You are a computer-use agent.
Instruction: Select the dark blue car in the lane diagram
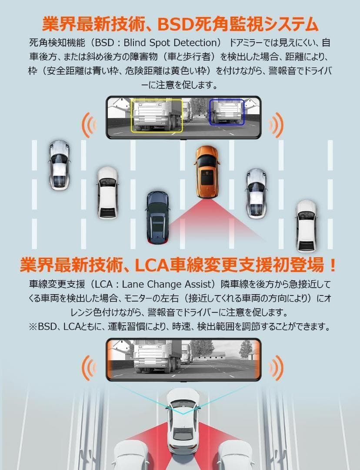157,217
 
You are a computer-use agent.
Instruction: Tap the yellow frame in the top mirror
157,115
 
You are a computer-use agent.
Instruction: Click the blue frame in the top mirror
227,112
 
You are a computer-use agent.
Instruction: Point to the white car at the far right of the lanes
307,225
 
